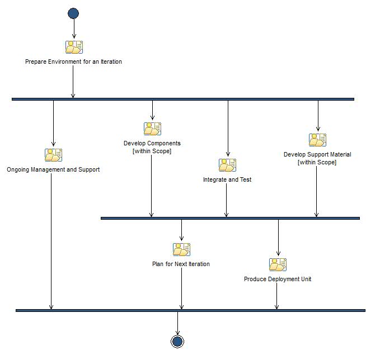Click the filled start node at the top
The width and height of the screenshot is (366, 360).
pyautogui.click(x=73, y=13)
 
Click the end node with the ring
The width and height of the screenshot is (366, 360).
pyautogui.click(x=177, y=341)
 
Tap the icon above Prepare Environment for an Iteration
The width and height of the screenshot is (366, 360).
pyautogui.click(x=74, y=47)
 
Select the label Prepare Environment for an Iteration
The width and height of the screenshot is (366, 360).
pyautogui.click(x=73, y=61)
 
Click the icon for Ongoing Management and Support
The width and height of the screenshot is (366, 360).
pyautogui.click(x=53, y=155)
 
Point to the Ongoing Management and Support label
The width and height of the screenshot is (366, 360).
pyautogui.click(x=53, y=169)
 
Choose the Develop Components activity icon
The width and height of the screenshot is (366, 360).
pyautogui.click(x=152, y=129)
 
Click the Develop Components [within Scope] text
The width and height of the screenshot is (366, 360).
pyautogui.click(x=152, y=147)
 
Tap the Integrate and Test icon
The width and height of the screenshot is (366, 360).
pyautogui.click(x=227, y=165)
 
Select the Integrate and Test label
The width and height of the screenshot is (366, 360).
pyautogui.click(x=227, y=180)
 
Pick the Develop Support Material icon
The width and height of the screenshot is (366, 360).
pyautogui.click(x=317, y=140)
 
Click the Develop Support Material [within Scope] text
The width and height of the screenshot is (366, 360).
pyautogui.click(x=317, y=158)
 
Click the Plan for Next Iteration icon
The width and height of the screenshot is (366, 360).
pyautogui.click(x=181, y=249)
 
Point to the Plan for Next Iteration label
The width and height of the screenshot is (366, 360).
pyautogui.click(x=181, y=264)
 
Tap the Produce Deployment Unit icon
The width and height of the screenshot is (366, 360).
pyautogui.click(x=278, y=264)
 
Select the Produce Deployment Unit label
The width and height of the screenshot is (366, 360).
pyautogui.click(x=278, y=279)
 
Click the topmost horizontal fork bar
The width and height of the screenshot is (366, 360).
pyautogui.click(x=182, y=99)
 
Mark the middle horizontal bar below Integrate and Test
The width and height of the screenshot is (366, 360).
pyautogui.click(x=229, y=218)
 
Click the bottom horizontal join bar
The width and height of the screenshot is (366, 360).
pyautogui.click(x=190, y=310)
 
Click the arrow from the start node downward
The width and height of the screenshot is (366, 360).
pyautogui.click(x=74, y=28)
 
